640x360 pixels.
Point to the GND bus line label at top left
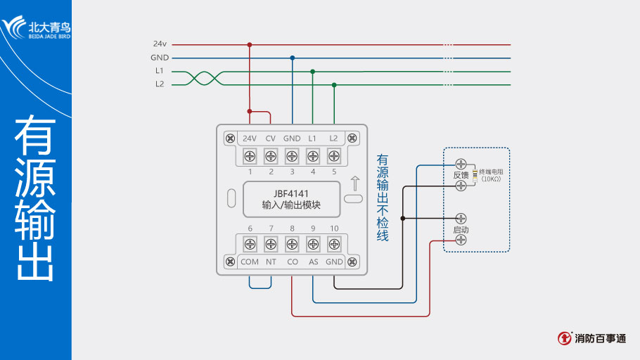pos(159,58)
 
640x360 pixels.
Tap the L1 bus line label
pos(160,71)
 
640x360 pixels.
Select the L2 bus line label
pos(160,84)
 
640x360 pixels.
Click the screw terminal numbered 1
pos(250,155)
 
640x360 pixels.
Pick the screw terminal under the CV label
pos(271,155)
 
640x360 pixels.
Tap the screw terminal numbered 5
pos(334,155)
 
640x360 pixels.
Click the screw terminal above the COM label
pos(250,244)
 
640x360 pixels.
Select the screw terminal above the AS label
pos(313,244)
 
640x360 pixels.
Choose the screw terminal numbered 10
pos(334,244)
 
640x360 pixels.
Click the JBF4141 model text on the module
pos(291,193)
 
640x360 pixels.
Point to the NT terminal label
pos(271,262)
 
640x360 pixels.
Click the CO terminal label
pos(292,262)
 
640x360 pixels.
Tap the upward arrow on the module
pos(355,184)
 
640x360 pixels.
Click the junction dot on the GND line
pos(292,58)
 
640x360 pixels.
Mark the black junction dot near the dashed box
pos(402,218)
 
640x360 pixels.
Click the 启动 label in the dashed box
pos(461,230)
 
